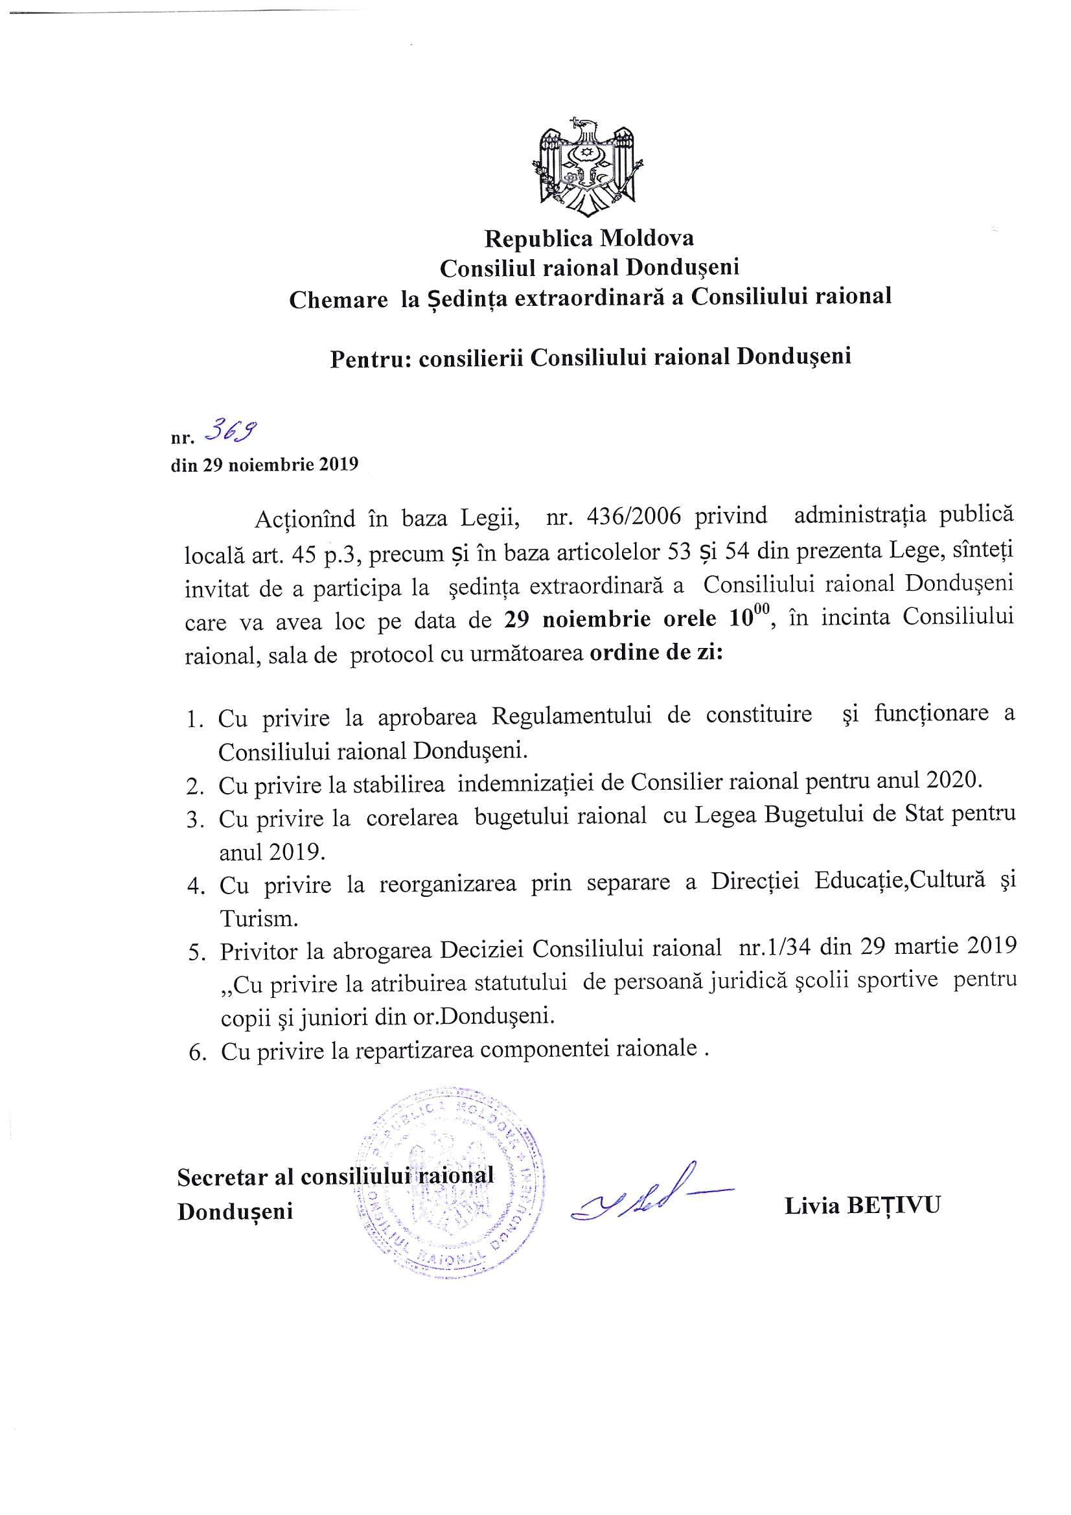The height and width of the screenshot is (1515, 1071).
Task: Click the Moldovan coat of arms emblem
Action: point(587,168)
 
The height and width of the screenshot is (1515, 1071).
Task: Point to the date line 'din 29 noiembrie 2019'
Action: point(264,464)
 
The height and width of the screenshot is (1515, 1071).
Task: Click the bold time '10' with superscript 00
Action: point(744,618)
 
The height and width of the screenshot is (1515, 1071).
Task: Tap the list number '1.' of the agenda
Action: point(195,720)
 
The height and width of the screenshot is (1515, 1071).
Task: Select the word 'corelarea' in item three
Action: point(412,817)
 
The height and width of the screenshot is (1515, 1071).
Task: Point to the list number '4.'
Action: point(195,886)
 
